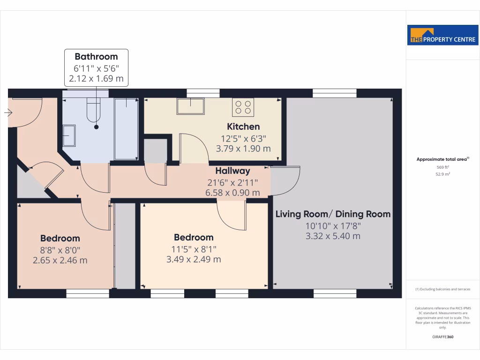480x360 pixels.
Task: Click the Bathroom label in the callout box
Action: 96,57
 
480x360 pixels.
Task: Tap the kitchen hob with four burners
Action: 243,107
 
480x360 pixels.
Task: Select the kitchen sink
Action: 190,106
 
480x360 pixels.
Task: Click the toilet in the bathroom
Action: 94,112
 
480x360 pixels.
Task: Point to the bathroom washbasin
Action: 69,135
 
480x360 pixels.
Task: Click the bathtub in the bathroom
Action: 126,128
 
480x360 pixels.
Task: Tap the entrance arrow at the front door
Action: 7,112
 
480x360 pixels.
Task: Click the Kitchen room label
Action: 243,127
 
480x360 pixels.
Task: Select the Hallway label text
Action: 232,171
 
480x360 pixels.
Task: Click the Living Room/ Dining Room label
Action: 333,214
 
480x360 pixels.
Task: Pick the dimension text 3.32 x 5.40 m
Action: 333,236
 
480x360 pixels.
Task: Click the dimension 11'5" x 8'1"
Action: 194,248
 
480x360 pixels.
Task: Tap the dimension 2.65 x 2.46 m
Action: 60,260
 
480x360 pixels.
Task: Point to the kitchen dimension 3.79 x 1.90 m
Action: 243,149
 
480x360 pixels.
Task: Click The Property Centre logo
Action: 443,35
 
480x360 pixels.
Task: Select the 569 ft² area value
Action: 443,167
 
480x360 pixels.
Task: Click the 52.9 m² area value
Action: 443,174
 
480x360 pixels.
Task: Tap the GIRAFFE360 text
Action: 443,337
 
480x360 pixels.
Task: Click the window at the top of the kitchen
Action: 203,93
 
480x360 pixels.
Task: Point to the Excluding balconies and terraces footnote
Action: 443,289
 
